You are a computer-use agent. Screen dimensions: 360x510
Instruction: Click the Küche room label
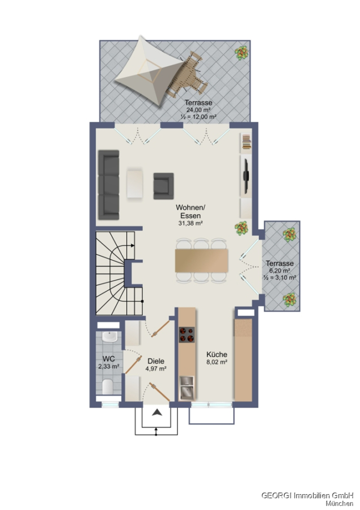tap(217, 354)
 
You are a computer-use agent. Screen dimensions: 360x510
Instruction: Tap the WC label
tap(109, 359)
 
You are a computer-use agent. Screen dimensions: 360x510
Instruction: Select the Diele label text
tap(156, 361)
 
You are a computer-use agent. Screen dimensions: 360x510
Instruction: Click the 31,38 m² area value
tap(190, 223)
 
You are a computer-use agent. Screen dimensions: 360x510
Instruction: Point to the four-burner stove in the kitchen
tap(187, 335)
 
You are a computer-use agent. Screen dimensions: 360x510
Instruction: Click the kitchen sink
tap(187, 388)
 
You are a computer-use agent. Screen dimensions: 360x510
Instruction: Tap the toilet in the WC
tap(108, 386)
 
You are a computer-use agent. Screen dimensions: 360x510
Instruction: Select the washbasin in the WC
tap(109, 337)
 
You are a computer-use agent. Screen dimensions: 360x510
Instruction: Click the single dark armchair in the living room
tap(163, 186)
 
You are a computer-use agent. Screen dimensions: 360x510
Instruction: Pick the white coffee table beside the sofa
tap(135, 183)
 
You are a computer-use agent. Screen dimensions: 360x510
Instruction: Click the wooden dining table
tap(201, 261)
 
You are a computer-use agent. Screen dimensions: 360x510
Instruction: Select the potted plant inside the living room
tap(241, 228)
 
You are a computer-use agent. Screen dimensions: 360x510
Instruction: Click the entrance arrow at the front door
tap(157, 413)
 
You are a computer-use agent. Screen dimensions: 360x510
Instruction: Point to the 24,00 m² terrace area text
tap(198, 110)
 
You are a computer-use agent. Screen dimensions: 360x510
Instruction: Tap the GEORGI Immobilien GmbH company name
tap(307, 495)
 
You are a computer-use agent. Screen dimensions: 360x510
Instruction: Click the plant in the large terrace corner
tap(242, 53)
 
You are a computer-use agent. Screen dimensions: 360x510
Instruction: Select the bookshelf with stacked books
tap(247, 142)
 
